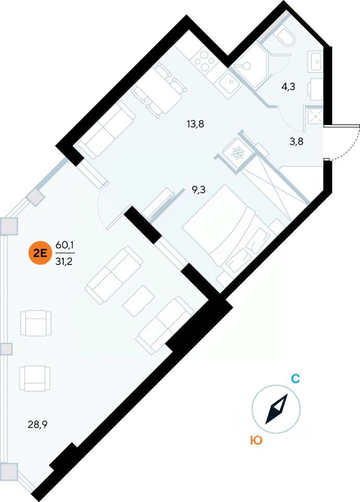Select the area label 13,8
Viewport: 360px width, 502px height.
point(195,124)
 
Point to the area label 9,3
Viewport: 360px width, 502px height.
point(198,190)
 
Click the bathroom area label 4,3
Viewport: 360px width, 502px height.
point(288,87)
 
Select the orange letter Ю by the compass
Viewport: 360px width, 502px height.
point(256,441)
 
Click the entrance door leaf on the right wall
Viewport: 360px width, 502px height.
point(342,125)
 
